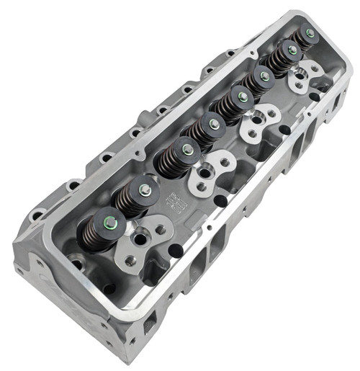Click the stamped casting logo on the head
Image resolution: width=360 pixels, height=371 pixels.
click(176, 202)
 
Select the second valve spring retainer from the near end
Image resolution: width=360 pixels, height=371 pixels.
click(145, 189)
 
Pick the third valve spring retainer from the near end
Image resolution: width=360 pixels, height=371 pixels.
click(186, 150)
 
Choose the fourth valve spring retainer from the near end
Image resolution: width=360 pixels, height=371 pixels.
click(214, 125)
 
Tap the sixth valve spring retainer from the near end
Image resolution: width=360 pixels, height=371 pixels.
click(265, 76)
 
